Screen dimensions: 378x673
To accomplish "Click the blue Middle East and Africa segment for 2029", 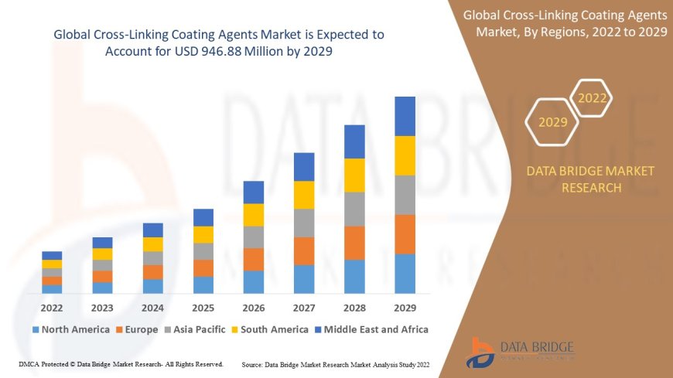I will [405, 116].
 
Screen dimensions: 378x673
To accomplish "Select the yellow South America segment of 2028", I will [354, 175].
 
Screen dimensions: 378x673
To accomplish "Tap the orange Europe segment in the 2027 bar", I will [304, 250].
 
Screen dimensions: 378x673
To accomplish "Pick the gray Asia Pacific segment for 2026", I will [254, 237].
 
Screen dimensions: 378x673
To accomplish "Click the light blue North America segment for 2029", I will [405, 274].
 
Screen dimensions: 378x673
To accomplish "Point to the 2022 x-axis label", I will [52, 308].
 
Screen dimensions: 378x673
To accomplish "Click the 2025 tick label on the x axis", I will [203, 308].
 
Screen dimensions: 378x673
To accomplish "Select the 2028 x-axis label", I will [354, 308].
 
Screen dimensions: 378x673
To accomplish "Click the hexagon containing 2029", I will [552, 122].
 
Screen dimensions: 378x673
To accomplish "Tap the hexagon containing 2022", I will [593, 98].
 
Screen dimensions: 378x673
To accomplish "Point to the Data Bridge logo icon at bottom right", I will [481, 352].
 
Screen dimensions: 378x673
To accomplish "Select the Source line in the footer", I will [336, 363].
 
